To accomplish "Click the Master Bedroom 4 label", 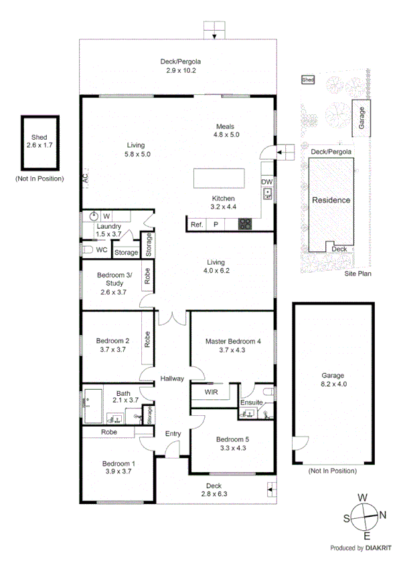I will pos(232,341).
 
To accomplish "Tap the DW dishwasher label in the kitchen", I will pos(266,182).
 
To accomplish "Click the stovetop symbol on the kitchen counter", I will pos(245,225).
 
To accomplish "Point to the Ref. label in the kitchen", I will pos(197,225).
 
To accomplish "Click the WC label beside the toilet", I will pos(102,249).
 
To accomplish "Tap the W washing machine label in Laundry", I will pos(106,216).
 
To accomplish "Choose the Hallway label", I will pos(172,379).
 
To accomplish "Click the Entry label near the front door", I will pos(173,434).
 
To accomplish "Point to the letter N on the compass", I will pos(383,514).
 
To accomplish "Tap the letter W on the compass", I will pos(363,497).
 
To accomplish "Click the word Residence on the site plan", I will pos(331,200).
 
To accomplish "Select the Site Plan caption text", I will pos(357,273).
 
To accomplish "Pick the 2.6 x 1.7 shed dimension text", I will pos(39,144).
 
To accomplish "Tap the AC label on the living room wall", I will pos(85,179).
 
